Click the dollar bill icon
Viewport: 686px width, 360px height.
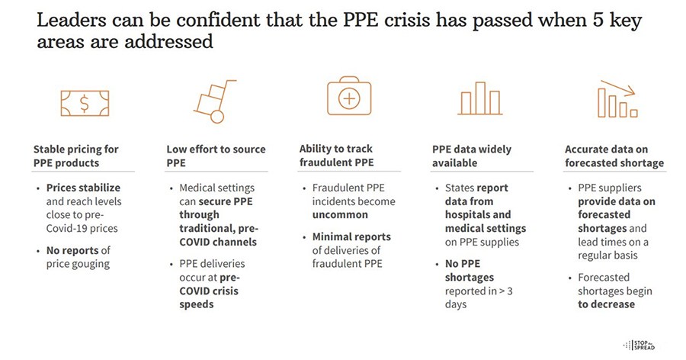coord(83,101)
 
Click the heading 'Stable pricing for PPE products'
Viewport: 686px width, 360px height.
coord(76,156)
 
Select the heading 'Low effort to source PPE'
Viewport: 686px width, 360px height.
coord(215,156)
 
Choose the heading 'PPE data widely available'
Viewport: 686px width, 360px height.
coord(472,156)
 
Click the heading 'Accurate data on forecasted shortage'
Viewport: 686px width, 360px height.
coord(614,156)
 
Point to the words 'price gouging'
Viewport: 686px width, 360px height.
coord(79,264)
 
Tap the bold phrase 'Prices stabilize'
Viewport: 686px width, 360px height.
coord(83,188)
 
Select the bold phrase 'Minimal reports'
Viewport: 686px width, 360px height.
coord(351,236)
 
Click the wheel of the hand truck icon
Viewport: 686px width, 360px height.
coord(217,116)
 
